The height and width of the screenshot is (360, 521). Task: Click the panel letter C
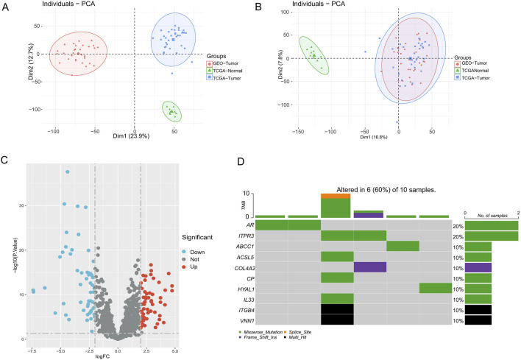point(4,160)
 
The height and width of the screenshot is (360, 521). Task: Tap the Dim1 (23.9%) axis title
point(131,136)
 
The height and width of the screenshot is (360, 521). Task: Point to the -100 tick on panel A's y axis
point(35,110)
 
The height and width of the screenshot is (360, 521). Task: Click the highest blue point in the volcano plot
point(68,172)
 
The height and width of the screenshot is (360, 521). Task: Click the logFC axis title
point(102,356)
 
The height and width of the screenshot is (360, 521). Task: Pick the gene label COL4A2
point(244,268)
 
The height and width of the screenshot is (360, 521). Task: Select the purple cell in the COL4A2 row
point(370,267)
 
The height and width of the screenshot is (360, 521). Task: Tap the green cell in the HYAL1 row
point(436,288)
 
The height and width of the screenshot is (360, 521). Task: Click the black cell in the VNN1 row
point(337,320)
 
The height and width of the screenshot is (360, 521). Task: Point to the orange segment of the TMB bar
point(336,196)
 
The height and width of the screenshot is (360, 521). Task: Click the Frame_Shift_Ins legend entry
point(258,337)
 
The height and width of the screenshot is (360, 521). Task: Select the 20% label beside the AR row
point(458,226)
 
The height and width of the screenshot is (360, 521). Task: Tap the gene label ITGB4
point(247,311)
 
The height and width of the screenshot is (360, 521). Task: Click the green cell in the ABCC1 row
point(403,247)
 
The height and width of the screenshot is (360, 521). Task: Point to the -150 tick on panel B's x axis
point(298,132)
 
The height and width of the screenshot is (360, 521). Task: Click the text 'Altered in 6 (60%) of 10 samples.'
point(386,190)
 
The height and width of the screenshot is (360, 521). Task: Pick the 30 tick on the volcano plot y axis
point(21,205)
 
